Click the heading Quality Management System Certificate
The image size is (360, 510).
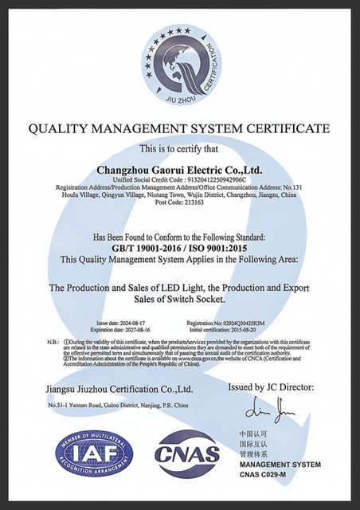point(179,128)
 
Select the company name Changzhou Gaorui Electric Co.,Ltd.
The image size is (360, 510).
point(178,170)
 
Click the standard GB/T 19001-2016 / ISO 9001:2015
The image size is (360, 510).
point(179,248)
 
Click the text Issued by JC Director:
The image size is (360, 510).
point(271,387)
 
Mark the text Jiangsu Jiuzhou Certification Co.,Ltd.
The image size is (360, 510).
point(119,390)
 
